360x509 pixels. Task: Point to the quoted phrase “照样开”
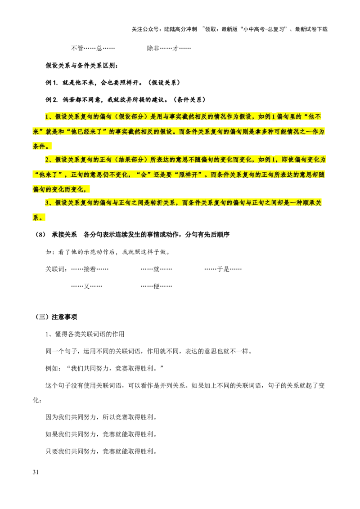pos(189,174)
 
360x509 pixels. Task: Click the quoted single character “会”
pos(143,174)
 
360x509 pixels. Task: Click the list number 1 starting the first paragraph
pos(46,117)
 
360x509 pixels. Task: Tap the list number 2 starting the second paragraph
pos(46,160)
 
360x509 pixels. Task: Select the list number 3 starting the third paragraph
pos(46,203)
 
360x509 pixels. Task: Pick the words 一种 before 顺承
pos(292,203)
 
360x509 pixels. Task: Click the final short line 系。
pos(39,218)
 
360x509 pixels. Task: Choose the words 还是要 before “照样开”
pos(165,174)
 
